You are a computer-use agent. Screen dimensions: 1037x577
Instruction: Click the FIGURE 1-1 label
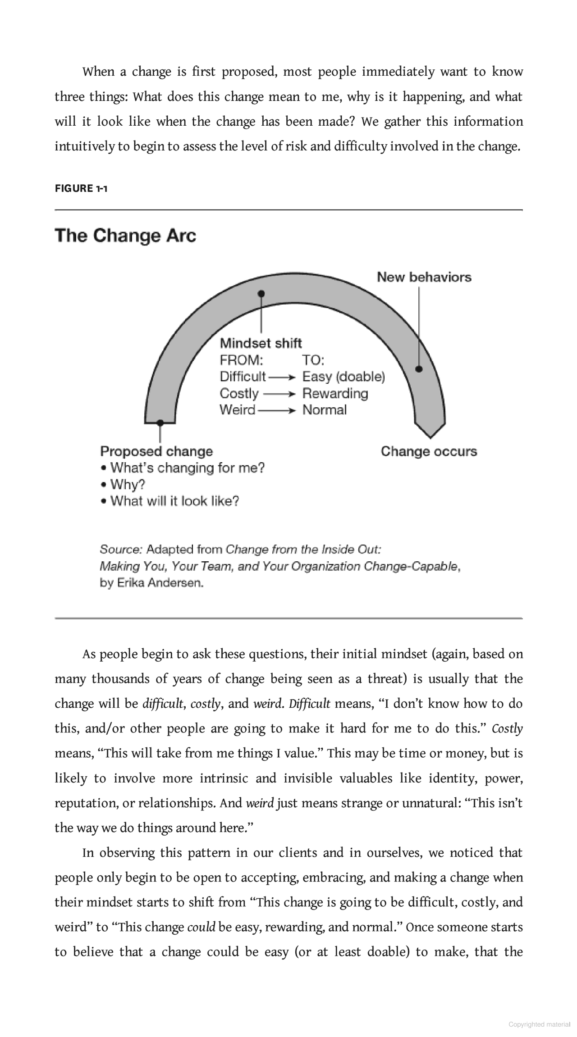[81, 188]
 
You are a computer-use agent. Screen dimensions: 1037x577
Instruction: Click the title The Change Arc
[125, 236]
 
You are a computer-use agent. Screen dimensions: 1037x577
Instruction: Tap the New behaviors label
[424, 277]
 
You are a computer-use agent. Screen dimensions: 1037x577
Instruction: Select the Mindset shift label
[261, 343]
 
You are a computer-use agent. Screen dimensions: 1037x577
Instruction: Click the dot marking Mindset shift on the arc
[261, 294]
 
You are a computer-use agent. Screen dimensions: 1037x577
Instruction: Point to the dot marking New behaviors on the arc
[419, 369]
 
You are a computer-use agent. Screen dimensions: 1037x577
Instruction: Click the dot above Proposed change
[160, 423]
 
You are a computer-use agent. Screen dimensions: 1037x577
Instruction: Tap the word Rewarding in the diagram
[335, 393]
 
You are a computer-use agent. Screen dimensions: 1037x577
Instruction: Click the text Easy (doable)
[343, 377]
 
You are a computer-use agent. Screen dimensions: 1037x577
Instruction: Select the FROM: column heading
[241, 360]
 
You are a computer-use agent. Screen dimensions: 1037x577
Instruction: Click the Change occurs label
[429, 451]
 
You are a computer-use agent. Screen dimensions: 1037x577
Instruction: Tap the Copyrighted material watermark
[539, 1024]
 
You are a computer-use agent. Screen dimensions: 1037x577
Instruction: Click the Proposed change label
[156, 451]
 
